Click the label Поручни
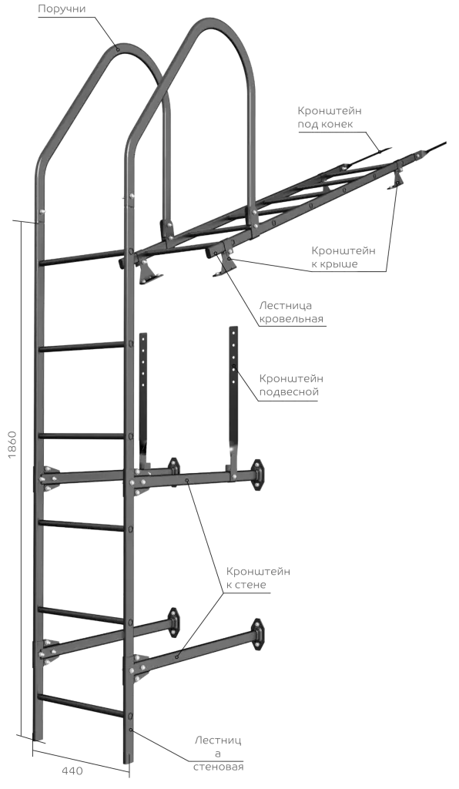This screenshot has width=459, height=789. pyautogui.click(x=62, y=8)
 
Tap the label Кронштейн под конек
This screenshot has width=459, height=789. pyautogui.click(x=330, y=117)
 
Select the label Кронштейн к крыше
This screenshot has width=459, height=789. pyautogui.click(x=343, y=257)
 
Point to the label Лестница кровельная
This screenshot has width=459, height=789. pyautogui.click(x=291, y=312)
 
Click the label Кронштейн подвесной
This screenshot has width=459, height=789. pyautogui.click(x=291, y=385)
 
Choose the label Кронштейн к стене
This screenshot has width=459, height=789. pyautogui.click(x=258, y=578)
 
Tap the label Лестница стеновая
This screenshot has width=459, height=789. pyautogui.click(x=218, y=754)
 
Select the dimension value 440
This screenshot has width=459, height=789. pyautogui.click(x=72, y=771)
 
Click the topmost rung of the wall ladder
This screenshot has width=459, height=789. pyautogui.click(x=83, y=257)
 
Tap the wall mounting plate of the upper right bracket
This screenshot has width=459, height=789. pyautogui.click(x=257, y=474)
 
